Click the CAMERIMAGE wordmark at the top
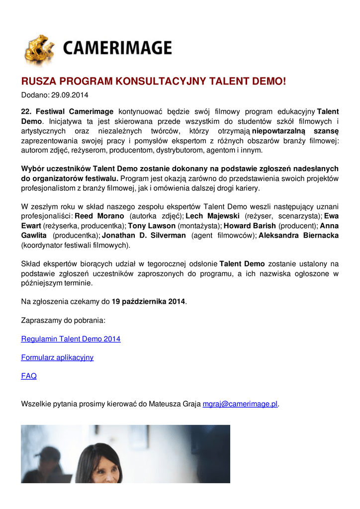coord(117,48)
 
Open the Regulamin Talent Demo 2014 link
coord(71,339)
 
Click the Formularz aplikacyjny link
coord(57,357)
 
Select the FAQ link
coord(29,376)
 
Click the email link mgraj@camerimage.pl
coord(240,404)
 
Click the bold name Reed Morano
coord(99,217)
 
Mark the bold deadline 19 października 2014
coord(148,301)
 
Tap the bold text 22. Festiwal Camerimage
coord(67,111)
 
